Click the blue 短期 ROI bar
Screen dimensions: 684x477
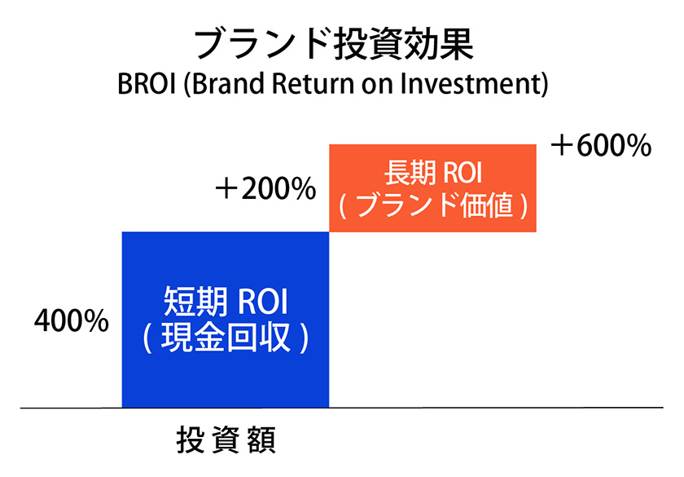(225, 320)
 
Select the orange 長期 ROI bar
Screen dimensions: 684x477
(432, 188)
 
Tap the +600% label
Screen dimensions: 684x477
(601, 146)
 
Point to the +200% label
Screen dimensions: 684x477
(265, 189)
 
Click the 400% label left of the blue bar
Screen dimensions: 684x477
(72, 321)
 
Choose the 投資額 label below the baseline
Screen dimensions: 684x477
(226, 439)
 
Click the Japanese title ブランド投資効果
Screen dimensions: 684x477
(334, 45)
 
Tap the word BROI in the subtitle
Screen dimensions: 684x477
(147, 84)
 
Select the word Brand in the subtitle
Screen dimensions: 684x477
(228, 84)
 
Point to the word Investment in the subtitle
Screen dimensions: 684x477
(470, 84)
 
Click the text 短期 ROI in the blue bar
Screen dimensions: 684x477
(226, 301)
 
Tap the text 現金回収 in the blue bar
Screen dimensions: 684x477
(226, 338)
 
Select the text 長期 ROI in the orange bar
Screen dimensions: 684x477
(432, 173)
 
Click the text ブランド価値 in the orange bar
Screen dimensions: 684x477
(433, 205)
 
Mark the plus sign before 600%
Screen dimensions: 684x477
(561, 146)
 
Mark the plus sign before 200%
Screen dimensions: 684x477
(226, 189)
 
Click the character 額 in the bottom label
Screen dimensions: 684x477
(261, 439)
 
